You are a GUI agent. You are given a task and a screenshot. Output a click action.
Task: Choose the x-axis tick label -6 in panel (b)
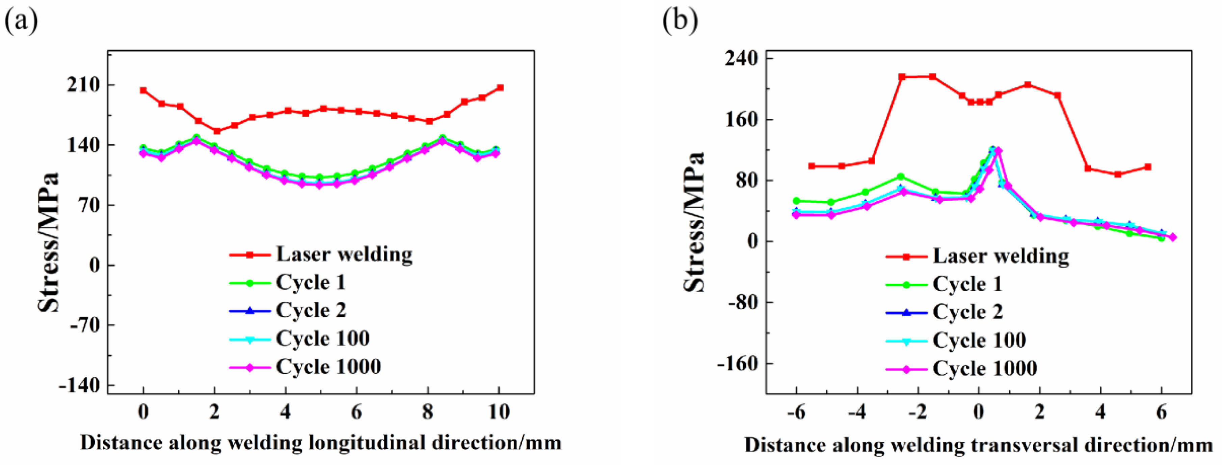coord(796,413)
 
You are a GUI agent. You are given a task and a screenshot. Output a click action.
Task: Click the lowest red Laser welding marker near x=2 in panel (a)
coord(217,131)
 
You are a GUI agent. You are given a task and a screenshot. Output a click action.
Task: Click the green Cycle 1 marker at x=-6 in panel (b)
coord(796,201)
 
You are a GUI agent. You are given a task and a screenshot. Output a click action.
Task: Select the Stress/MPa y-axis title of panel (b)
coord(694,222)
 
